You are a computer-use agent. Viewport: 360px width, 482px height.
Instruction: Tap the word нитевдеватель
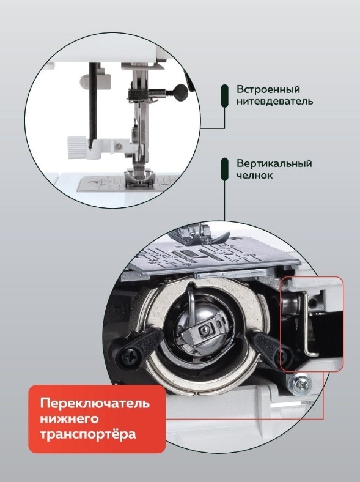(x=275, y=101)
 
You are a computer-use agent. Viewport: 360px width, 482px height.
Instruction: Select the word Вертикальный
(x=274, y=163)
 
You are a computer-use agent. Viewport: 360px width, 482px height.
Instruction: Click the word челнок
(x=254, y=175)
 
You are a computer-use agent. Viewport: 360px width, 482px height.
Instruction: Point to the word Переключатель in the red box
(x=95, y=403)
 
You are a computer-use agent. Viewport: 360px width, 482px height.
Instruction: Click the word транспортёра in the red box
(x=88, y=435)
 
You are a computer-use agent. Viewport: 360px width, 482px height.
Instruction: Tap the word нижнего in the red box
(x=69, y=419)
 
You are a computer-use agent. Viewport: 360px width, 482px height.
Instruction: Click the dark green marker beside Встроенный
(x=225, y=96)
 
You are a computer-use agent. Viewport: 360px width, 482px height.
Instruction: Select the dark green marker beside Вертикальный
(x=225, y=169)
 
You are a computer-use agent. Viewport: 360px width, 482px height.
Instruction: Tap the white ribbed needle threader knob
(x=76, y=147)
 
